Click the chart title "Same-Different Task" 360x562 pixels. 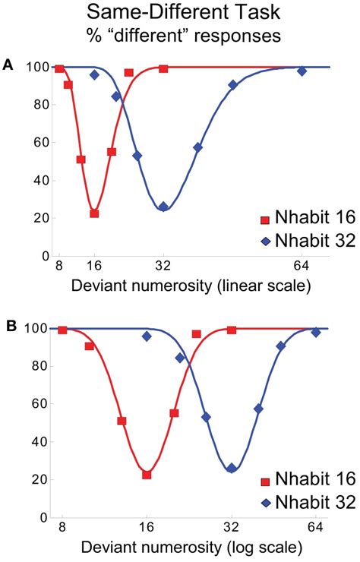pos(180,13)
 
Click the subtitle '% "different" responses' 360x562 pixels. pos(180,35)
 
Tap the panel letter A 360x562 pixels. pos(8,65)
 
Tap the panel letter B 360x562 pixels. pos(8,325)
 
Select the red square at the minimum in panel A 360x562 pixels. pos(94,213)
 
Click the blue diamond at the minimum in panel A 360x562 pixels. pos(163,207)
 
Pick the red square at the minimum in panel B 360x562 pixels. pos(147,475)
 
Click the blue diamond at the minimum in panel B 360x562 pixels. pos(232,469)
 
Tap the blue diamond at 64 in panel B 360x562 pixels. pos(316,333)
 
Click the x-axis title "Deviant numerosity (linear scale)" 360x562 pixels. pos(179,286)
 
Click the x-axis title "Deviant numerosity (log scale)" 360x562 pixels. pos(179,547)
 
